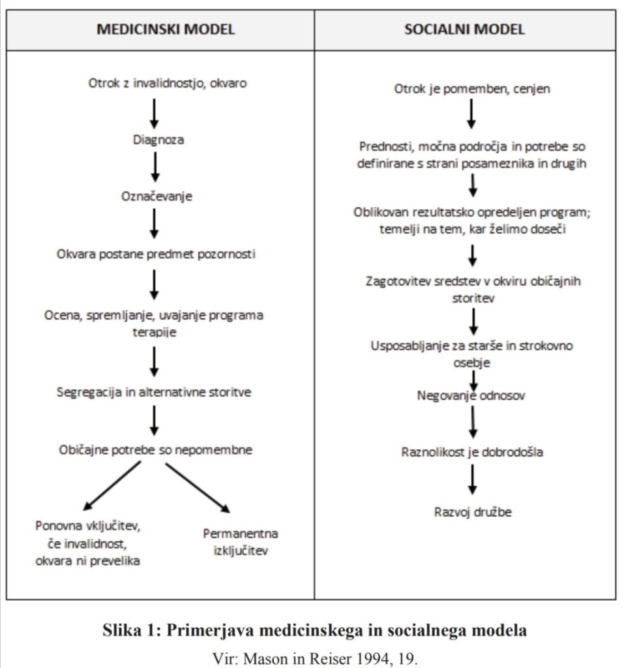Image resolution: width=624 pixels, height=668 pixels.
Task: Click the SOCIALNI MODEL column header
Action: [x=464, y=29]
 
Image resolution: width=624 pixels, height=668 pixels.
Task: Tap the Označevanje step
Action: [x=156, y=196]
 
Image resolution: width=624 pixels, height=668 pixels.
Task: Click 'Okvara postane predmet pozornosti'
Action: [x=156, y=254]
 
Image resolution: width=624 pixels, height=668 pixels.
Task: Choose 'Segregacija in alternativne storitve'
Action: [x=153, y=393]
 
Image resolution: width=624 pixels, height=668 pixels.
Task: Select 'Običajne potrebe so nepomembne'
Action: [x=154, y=449]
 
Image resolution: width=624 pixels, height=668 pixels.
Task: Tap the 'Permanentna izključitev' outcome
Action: [x=241, y=541]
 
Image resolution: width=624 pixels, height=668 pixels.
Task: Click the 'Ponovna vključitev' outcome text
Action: [x=89, y=526]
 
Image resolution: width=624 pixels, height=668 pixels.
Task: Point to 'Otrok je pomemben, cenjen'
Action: [x=472, y=88]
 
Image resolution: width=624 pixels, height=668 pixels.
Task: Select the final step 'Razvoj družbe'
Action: [x=473, y=511]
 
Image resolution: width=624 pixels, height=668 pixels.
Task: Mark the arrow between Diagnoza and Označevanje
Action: [x=155, y=167]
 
